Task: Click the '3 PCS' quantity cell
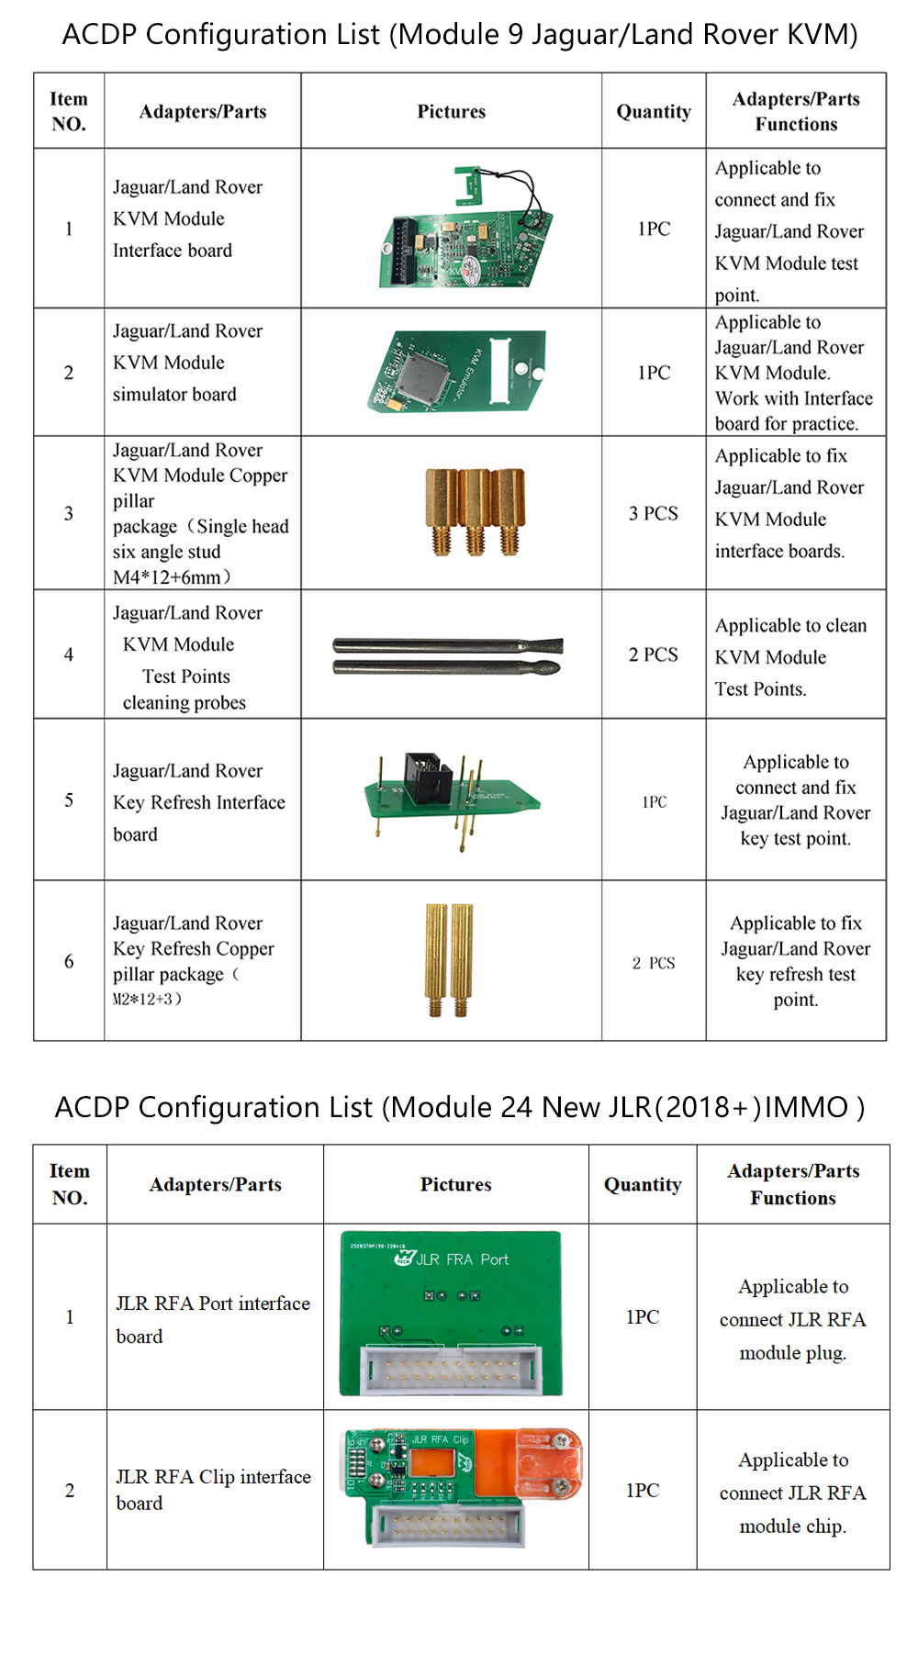[x=653, y=513]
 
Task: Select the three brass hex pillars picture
[x=475, y=510]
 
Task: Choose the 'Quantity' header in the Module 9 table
[x=653, y=112]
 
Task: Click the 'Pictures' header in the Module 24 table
[x=455, y=1184]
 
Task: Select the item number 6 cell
[x=69, y=961]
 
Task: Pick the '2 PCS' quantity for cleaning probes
[x=653, y=654]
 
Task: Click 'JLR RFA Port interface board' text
[x=213, y=1319]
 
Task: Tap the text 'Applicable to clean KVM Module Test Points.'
[x=790, y=656]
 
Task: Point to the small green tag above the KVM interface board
[x=469, y=184]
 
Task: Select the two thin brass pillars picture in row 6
[x=449, y=958]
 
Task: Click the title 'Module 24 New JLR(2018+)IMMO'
[x=459, y=1107]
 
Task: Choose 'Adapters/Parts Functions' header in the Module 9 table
[x=796, y=112]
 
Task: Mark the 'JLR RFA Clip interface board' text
[x=213, y=1489]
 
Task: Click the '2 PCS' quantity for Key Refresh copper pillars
[x=653, y=963]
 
